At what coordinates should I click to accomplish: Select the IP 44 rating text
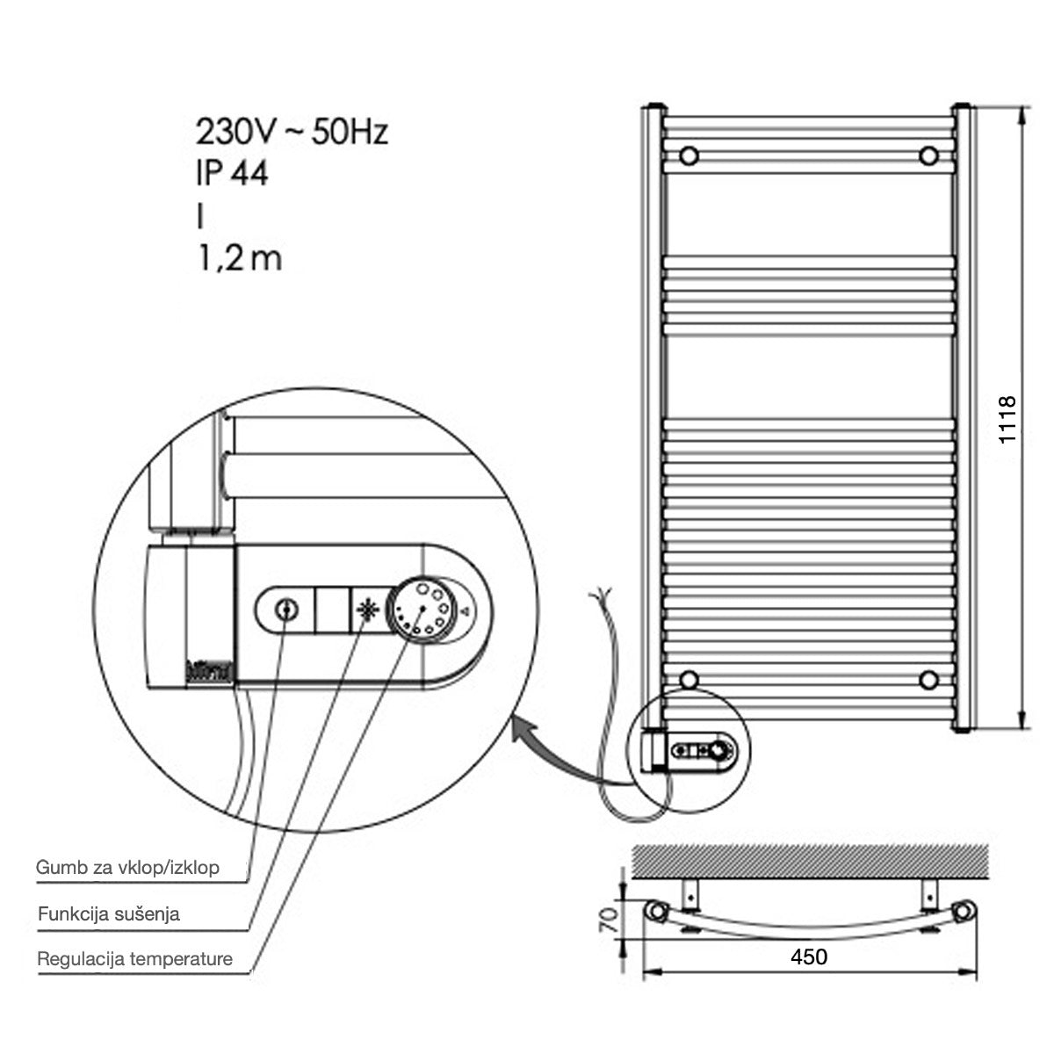[232, 173]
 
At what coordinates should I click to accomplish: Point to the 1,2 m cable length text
[239, 258]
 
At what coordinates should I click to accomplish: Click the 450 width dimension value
[808, 956]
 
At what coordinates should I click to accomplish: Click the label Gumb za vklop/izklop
[127, 868]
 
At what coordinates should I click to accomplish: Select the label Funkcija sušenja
[109, 913]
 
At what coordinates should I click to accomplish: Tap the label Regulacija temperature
[134, 958]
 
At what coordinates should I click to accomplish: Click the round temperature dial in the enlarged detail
[422, 607]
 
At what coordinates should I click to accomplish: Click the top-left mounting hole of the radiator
[690, 155]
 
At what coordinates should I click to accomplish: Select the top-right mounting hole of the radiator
[928, 155]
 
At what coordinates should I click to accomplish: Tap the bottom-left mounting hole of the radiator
[690, 679]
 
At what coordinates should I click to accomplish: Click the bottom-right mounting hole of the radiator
[928, 679]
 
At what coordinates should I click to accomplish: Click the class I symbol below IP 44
[199, 216]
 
